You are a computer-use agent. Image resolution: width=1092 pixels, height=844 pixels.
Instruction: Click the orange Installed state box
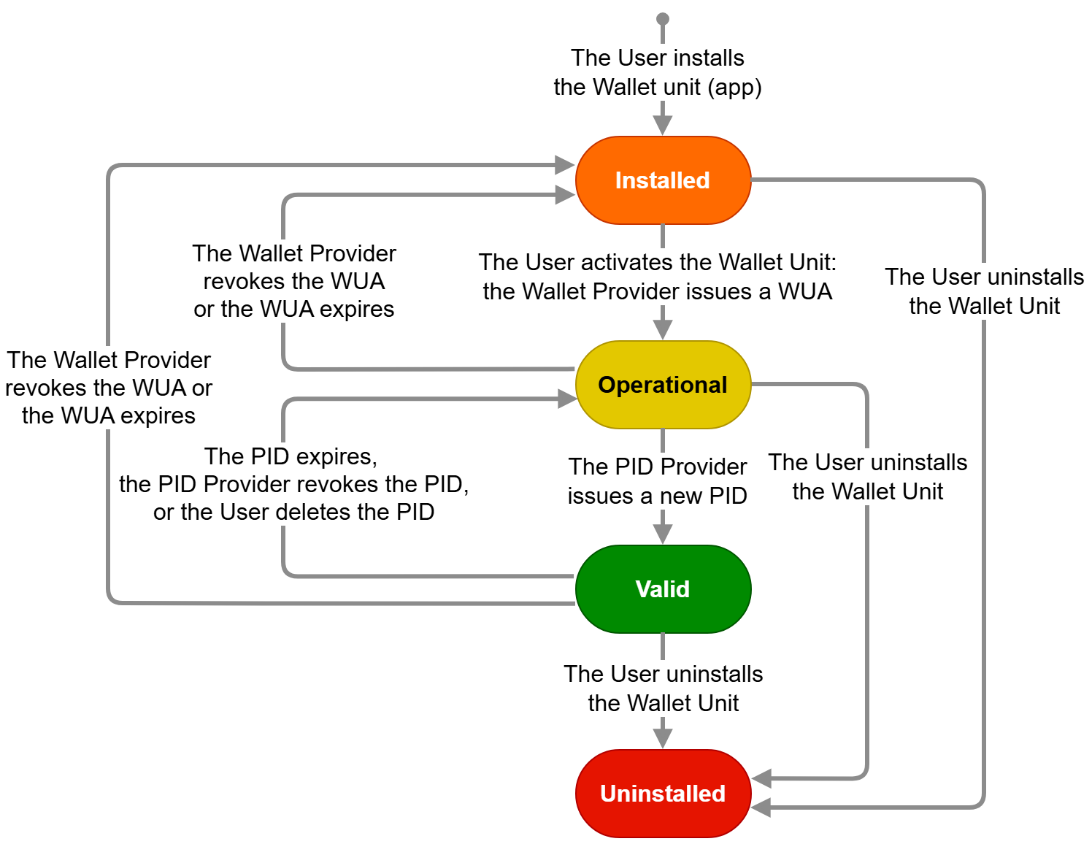(663, 180)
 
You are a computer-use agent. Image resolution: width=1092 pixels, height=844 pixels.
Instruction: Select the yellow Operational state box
(663, 385)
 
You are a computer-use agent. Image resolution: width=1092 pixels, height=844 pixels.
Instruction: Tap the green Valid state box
(663, 589)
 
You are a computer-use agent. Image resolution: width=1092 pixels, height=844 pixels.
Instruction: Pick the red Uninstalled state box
(663, 794)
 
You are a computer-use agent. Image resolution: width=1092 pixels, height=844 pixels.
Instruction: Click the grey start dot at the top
(663, 19)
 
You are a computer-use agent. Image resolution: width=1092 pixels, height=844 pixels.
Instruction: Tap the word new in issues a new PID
(668, 496)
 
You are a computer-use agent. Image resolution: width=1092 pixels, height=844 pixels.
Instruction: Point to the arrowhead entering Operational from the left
(567, 399)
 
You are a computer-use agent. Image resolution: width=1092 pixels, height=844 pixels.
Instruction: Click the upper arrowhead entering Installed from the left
(565, 165)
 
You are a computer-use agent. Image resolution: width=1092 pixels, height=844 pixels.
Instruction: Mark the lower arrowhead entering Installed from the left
(565, 195)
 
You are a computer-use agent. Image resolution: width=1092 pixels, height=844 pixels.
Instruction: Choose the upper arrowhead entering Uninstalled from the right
(762, 779)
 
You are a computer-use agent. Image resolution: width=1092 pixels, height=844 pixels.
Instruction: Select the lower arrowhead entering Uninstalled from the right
(762, 807)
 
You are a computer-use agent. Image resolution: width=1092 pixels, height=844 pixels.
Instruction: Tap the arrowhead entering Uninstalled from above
(663, 738)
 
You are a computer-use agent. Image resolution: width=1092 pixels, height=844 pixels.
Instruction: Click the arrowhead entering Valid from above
(663, 534)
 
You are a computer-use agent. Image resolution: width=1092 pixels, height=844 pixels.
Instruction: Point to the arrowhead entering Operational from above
(663, 329)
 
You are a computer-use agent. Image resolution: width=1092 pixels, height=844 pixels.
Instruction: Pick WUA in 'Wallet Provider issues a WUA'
(805, 291)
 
